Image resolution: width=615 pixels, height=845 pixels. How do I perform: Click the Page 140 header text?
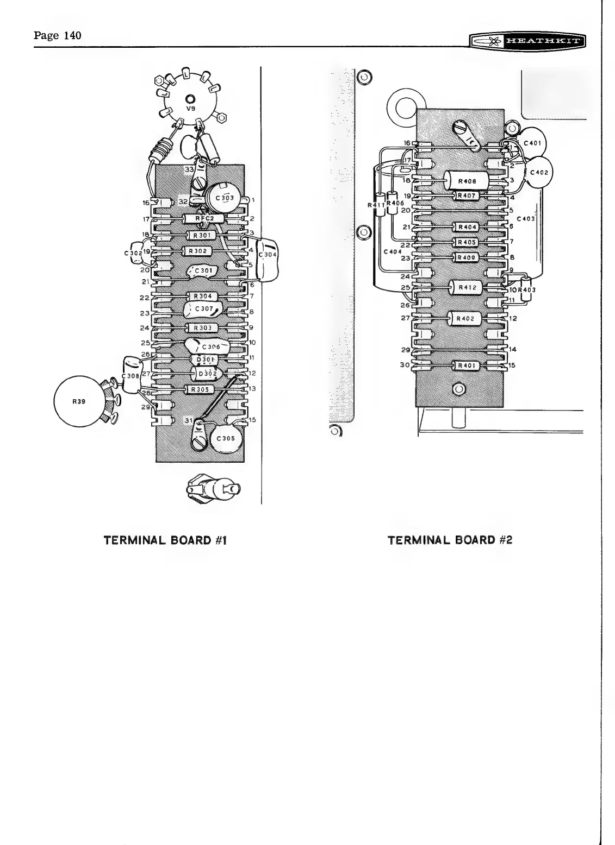coord(57,36)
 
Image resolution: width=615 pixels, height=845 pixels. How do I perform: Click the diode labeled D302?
coord(207,374)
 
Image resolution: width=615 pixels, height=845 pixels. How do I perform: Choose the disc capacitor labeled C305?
coord(225,439)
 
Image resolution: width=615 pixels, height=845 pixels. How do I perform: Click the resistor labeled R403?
coord(526,289)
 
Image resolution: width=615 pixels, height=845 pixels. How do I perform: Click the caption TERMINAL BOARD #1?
coord(165,540)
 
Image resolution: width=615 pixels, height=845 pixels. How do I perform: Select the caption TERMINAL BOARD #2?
coord(450,540)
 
